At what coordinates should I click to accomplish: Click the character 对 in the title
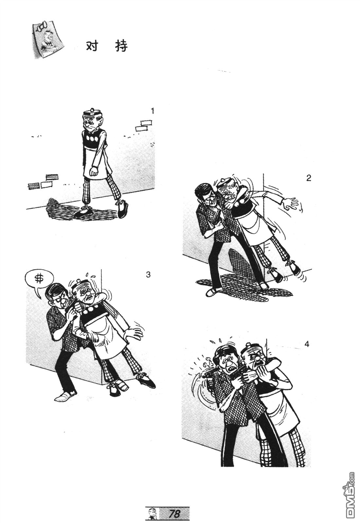point(92,46)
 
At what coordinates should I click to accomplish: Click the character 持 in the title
point(122,46)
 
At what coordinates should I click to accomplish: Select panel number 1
point(153,111)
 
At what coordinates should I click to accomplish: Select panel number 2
point(309,178)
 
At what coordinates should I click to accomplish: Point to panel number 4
point(307,344)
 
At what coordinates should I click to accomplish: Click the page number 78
point(175,513)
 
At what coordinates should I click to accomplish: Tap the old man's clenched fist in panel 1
point(94,171)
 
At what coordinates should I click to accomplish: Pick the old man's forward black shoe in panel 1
point(123,208)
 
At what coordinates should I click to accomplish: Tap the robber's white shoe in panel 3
point(65,395)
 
